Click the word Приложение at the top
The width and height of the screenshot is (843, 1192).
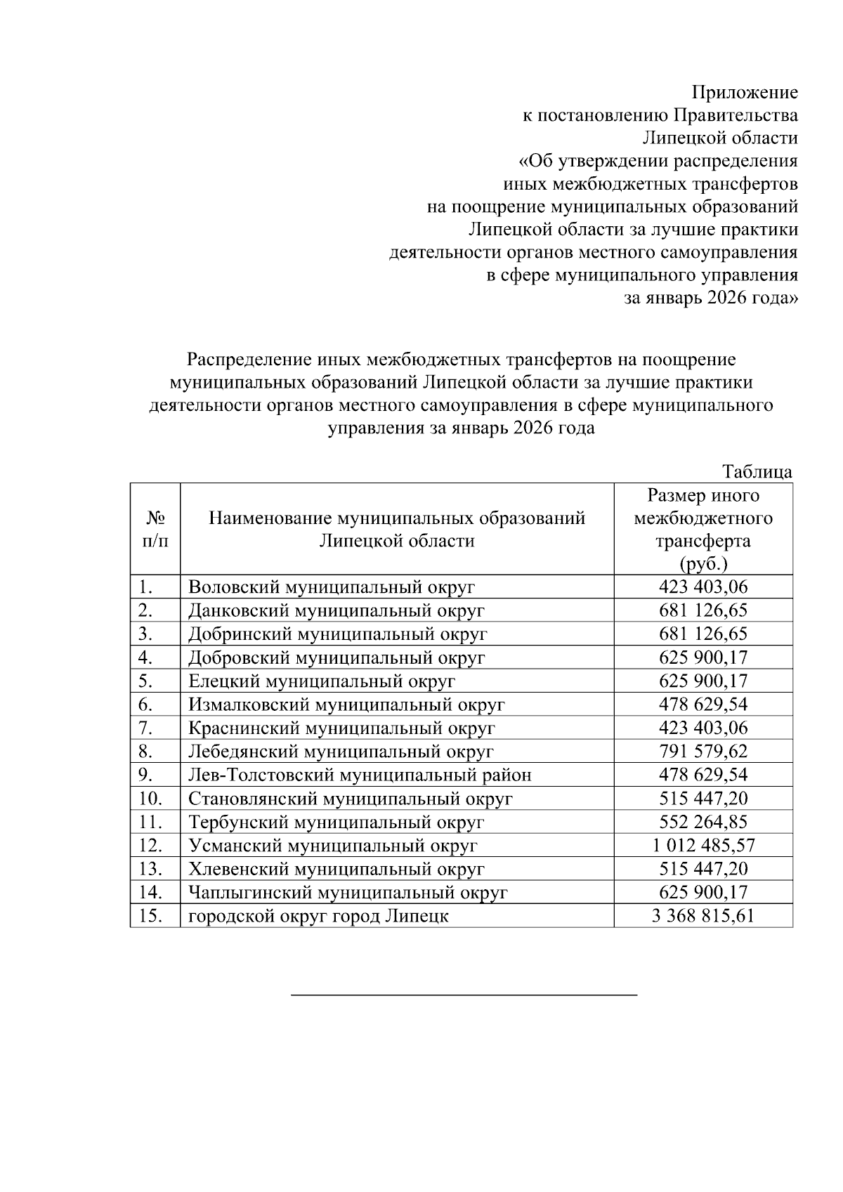click(x=745, y=93)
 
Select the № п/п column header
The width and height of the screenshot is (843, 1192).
click(x=155, y=529)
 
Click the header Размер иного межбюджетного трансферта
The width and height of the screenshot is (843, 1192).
click(x=703, y=529)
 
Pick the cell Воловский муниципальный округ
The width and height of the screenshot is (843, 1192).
click(x=332, y=587)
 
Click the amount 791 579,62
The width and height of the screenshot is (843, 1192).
click(x=703, y=752)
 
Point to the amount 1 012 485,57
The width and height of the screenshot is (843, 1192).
click(x=703, y=846)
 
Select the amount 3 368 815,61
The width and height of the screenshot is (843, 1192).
click(x=703, y=916)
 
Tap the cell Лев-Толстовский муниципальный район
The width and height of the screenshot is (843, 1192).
click(x=360, y=775)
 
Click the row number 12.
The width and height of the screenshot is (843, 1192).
click(x=151, y=846)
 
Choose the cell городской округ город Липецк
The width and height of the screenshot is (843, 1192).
click(x=318, y=916)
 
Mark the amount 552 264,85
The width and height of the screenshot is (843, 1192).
click(x=703, y=822)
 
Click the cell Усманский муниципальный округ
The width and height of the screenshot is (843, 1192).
click(x=333, y=846)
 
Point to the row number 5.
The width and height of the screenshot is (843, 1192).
click(x=146, y=681)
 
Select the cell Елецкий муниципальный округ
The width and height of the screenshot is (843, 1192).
click(x=322, y=681)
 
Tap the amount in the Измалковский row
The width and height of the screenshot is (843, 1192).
click(x=703, y=705)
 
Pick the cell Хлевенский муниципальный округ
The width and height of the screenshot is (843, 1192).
click(x=336, y=869)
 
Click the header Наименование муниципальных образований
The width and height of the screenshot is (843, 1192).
click(x=397, y=519)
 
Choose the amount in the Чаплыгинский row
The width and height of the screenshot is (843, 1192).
click(x=703, y=893)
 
